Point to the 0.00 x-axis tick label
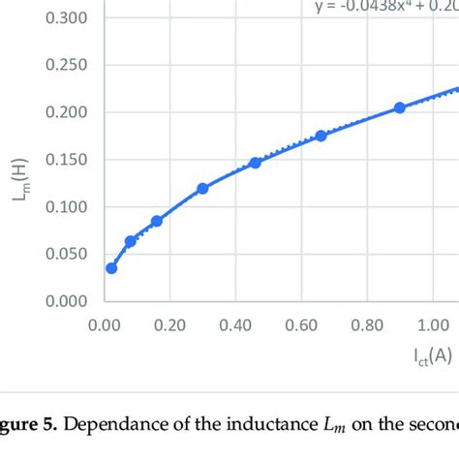pyautogui.click(x=104, y=326)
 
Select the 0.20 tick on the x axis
pyautogui.click(x=169, y=326)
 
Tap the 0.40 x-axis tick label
pyautogui.click(x=235, y=326)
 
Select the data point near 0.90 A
pyautogui.click(x=400, y=107)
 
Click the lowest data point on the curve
pyautogui.click(x=111, y=268)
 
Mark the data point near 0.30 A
pyautogui.click(x=202, y=189)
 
